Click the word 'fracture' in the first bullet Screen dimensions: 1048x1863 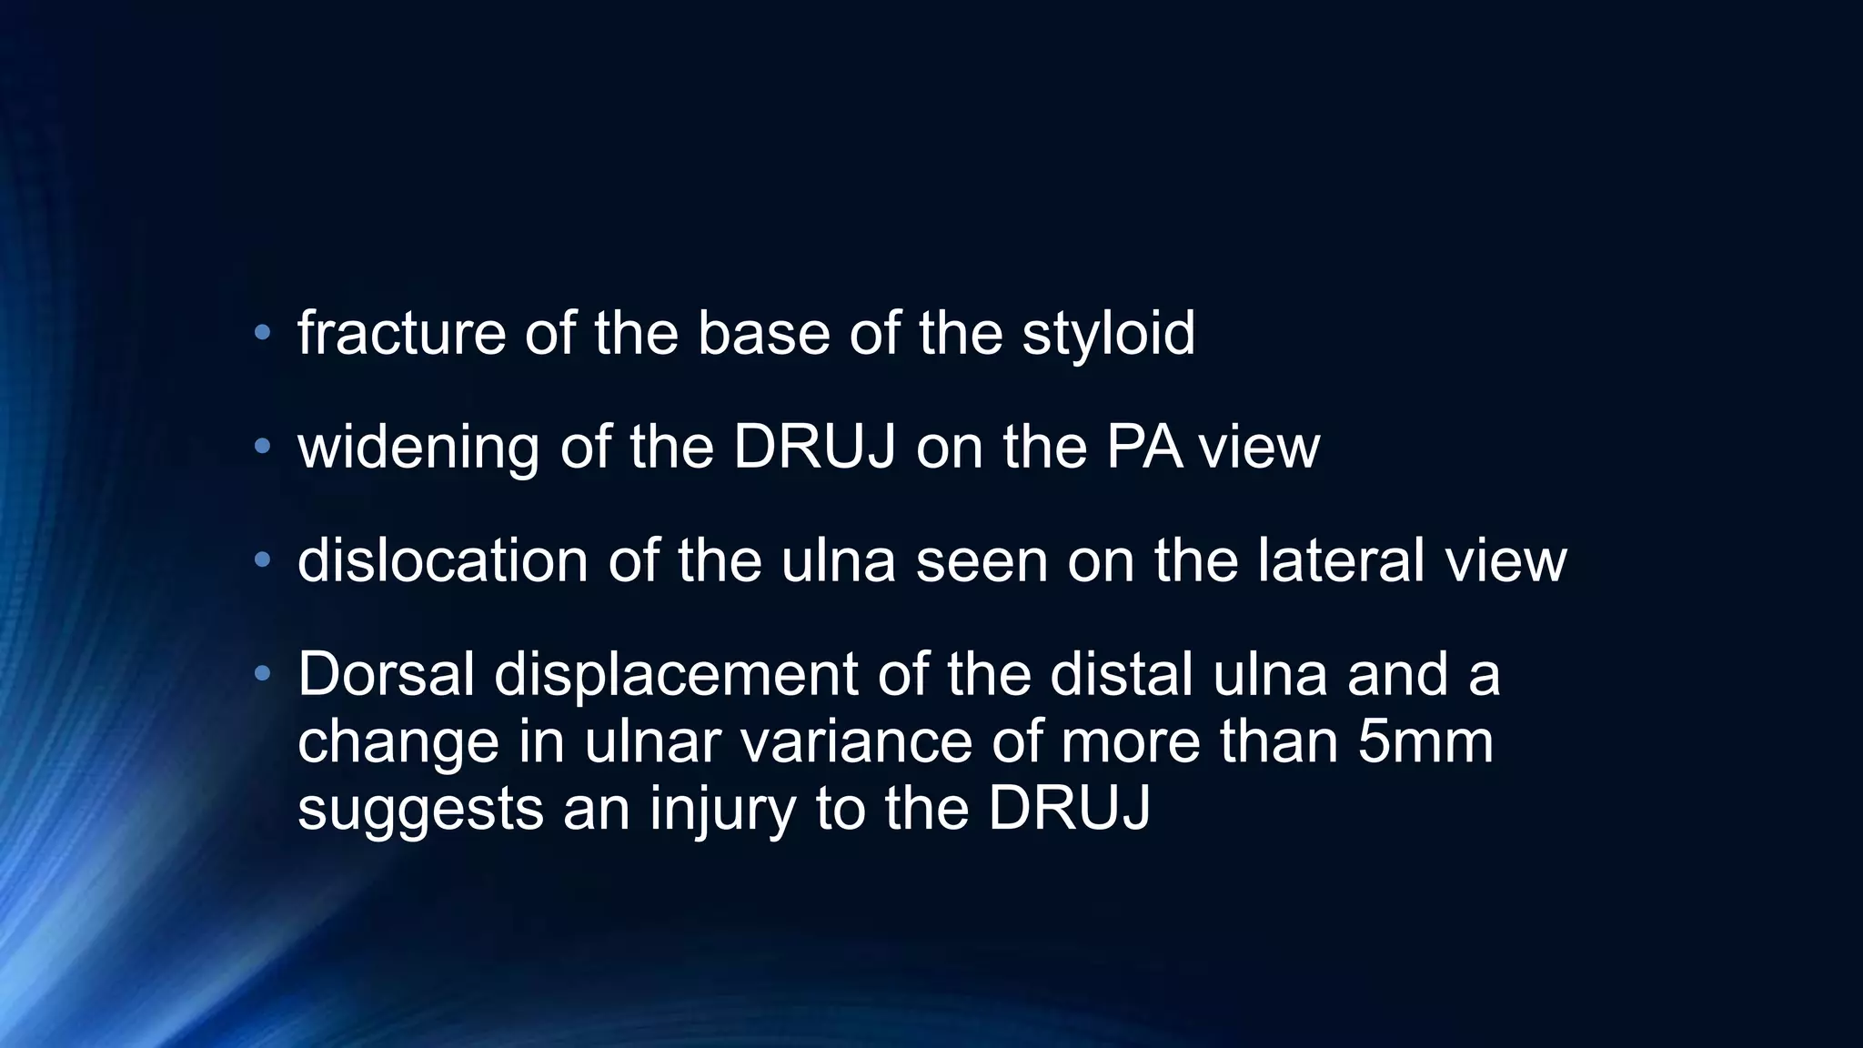click(400, 333)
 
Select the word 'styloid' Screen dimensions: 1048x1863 click(1108, 335)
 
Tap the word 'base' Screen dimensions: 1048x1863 click(763, 333)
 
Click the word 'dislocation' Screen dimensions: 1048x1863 click(442, 560)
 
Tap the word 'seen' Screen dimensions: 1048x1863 click(981, 562)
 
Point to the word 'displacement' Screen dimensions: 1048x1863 click(676, 676)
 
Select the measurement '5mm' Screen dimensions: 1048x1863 click(1425, 742)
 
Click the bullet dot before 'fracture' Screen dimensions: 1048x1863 click(262, 333)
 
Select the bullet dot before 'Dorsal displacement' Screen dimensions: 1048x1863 click(262, 674)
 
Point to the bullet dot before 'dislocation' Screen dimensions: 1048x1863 click(262, 560)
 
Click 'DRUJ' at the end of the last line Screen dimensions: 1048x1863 click(1069, 809)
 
